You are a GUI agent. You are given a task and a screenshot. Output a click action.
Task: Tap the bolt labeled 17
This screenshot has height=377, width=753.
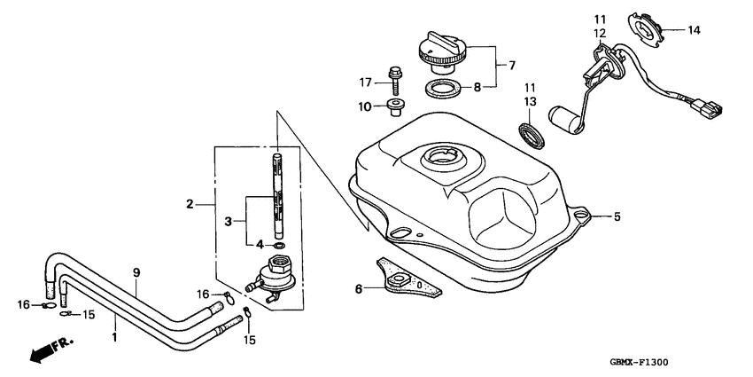point(392,76)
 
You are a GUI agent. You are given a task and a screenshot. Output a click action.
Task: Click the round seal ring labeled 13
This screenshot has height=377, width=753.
point(532,137)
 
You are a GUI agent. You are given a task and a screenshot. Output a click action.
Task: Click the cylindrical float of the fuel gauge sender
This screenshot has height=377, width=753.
point(564,118)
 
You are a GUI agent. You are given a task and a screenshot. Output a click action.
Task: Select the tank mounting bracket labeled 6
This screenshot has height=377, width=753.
point(406,279)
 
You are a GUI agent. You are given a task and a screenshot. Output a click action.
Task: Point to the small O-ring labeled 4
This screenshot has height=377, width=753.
point(279,244)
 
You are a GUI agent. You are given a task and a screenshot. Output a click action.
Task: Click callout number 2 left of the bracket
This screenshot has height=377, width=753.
point(190,205)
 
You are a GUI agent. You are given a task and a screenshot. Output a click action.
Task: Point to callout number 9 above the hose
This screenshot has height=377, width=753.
point(136,273)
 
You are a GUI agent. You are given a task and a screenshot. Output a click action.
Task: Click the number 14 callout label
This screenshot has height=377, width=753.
point(694,30)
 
